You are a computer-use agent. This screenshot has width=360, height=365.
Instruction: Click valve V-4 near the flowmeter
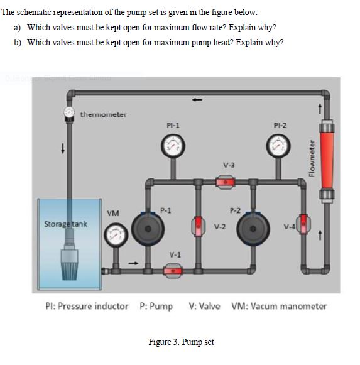305,224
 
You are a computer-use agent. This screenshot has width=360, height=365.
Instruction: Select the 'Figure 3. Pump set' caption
181,342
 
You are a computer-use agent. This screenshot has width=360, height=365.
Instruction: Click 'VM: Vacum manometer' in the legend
279,307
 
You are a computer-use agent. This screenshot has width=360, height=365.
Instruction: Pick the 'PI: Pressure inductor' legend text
87,307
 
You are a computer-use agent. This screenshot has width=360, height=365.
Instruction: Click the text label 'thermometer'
103,114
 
